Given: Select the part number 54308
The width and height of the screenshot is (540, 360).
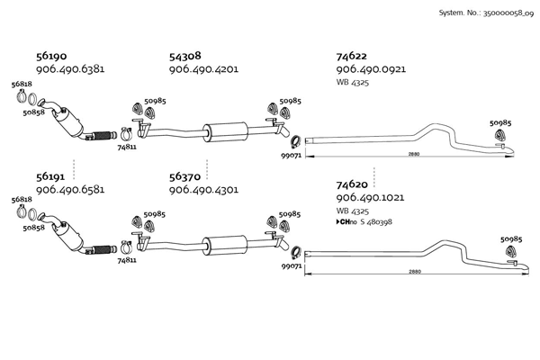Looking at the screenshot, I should [x=184, y=56].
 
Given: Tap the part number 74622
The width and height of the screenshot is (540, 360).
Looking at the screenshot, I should [x=351, y=56].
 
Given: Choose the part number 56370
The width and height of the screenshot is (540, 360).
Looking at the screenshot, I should [x=184, y=178].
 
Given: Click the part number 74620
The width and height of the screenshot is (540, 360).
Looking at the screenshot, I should [x=351, y=185].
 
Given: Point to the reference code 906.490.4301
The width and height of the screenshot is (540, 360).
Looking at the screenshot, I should [x=203, y=191].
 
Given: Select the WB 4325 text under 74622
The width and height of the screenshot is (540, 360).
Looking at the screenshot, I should [x=353, y=82].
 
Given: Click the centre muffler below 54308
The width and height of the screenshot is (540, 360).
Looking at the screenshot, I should [x=224, y=129].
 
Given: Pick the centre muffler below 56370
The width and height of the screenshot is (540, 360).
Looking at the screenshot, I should [x=224, y=244].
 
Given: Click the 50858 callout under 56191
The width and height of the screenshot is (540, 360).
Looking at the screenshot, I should [x=32, y=229].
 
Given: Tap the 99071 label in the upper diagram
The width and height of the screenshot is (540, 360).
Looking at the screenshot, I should [x=290, y=156].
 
